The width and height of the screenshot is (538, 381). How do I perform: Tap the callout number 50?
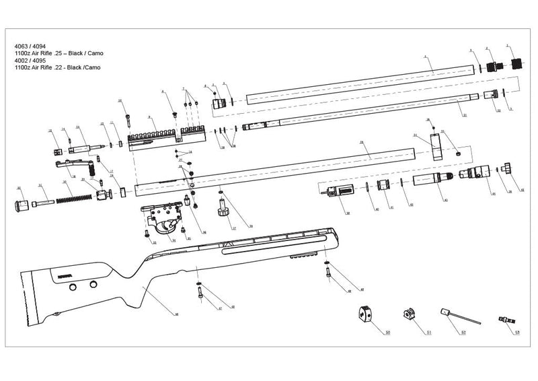click(388, 333)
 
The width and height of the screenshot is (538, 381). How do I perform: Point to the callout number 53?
click(516, 333)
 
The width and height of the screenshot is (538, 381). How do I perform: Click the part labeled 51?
click(410, 314)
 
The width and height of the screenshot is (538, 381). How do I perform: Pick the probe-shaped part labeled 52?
click(452, 314)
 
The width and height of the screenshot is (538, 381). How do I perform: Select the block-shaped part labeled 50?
click(366, 314)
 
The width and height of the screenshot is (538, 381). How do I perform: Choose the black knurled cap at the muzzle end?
click(517, 65)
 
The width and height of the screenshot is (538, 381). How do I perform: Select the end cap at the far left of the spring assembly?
click(20, 204)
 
